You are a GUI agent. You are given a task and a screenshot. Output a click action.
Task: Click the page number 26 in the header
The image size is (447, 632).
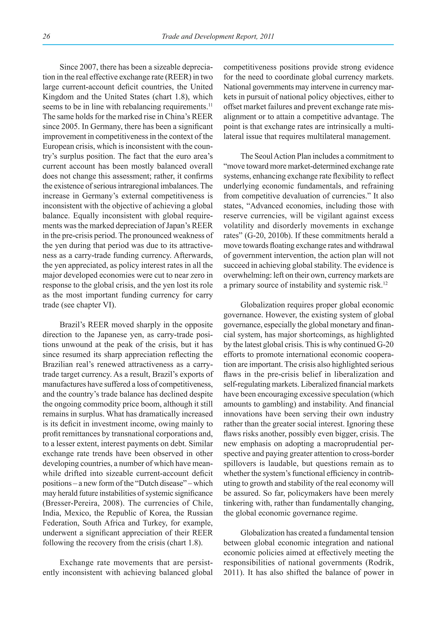[46, 37]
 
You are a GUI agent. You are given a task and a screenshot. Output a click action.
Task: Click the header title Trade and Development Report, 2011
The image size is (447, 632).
[218, 37]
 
